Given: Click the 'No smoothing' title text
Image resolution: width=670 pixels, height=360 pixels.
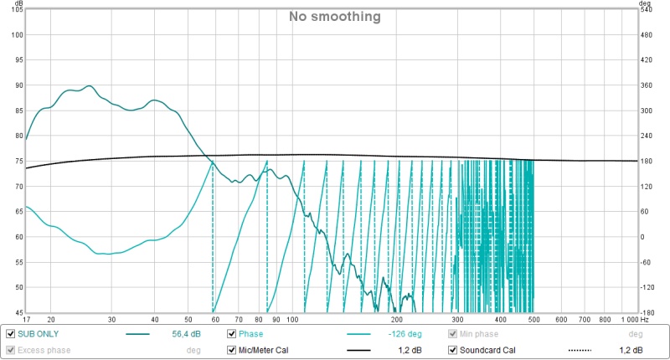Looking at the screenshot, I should tap(335, 16).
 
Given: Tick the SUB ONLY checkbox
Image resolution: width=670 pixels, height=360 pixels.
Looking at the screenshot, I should tap(10, 333).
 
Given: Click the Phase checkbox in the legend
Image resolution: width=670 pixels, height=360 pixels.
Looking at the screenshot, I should tap(232, 333).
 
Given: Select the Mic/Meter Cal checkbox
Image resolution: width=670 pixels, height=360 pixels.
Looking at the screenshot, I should tap(232, 350).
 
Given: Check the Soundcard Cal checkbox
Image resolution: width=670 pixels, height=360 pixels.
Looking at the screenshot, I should tap(453, 350).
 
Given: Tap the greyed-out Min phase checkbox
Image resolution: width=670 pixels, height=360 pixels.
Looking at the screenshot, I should tap(453, 333).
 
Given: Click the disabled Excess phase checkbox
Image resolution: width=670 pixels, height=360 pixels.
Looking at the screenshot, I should tap(10, 350).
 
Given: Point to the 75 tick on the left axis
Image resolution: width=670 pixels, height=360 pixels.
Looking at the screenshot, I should tap(16, 161).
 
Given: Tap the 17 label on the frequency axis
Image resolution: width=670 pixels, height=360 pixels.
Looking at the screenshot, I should tap(27, 320).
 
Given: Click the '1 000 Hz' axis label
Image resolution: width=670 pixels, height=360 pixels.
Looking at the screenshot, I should tap(634, 320).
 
